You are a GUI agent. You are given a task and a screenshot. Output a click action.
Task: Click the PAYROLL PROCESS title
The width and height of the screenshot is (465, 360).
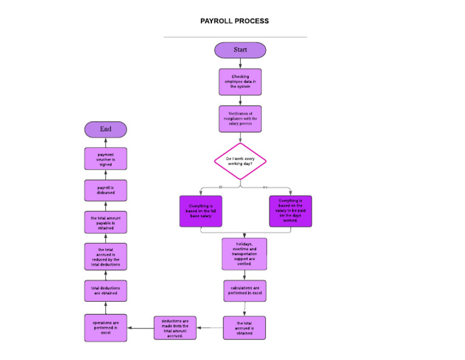(234, 21)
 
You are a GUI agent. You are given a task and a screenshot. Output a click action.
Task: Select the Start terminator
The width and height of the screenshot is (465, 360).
(240, 50)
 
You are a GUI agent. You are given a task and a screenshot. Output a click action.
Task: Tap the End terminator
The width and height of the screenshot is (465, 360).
(106, 129)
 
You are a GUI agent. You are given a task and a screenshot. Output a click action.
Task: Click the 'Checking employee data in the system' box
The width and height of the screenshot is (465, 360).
(240, 82)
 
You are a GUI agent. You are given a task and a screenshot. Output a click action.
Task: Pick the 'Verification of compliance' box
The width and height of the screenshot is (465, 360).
(240, 119)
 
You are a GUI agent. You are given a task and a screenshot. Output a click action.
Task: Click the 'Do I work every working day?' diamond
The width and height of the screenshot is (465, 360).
(240, 161)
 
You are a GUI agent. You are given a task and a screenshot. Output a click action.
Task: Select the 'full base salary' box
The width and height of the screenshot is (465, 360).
(201, 211)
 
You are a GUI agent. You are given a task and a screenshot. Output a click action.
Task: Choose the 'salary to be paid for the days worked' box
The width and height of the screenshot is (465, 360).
(291, 211)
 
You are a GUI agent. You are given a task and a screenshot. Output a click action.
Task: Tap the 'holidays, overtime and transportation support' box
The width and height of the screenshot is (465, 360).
(244, 254)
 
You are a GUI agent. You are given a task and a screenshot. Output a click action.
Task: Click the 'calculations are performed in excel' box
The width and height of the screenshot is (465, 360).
(244, 290)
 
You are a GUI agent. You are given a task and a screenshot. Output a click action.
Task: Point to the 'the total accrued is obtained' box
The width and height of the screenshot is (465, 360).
(244, 328)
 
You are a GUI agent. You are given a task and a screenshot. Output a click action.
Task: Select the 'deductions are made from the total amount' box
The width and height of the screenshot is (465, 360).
(175, 328)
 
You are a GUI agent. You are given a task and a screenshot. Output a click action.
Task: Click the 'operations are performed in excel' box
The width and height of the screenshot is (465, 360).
(106, 328)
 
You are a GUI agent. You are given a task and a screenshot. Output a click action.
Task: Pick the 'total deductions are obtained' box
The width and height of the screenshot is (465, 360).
(106, 290)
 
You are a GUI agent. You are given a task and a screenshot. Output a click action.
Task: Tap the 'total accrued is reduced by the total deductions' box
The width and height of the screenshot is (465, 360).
(106, 257)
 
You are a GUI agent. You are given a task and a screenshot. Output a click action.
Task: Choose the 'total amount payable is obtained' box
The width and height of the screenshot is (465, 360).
(106, 222)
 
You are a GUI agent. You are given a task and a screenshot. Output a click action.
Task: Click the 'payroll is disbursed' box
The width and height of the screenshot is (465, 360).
(106, 190)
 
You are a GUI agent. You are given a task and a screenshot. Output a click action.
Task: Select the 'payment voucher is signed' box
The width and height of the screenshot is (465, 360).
(106, 159)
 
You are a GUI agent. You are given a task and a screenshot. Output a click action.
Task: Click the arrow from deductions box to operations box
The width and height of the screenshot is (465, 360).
(140, 328)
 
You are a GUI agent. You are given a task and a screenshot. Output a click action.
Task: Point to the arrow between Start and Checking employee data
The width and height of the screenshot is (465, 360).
(240, 63)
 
